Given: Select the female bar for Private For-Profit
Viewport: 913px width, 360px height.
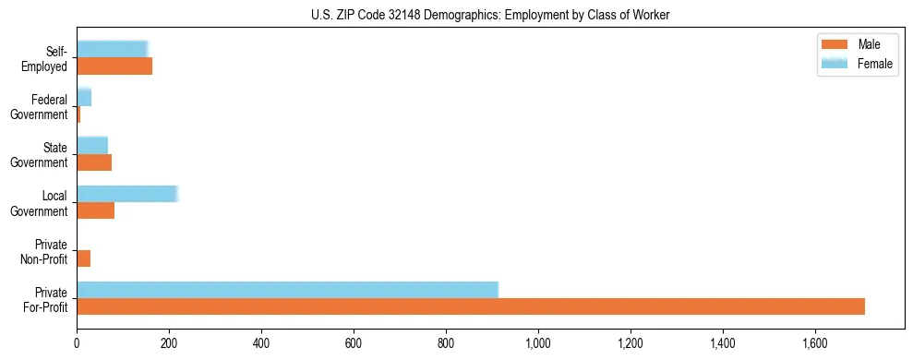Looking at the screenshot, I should pyautogui.click(x=287, y=290).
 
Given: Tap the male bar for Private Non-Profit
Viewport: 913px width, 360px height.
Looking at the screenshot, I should pyautogui.click(x=83, y=258).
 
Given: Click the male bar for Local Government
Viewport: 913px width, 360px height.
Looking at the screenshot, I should pyautogui.click(x=95, y=210).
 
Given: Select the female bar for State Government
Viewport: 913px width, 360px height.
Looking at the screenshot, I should pyautogui.click(x=92, y=146).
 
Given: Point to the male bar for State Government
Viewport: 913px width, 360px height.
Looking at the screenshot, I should pyautogui.click(x=94, y=162).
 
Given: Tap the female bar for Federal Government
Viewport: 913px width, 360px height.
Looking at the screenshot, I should pyautogui.click(x=84, y=98).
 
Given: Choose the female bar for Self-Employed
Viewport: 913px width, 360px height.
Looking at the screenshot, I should pyautogui.click(x=112, y=50).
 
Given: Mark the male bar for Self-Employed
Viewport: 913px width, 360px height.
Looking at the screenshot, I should pyautogui.click(x=114, y=66).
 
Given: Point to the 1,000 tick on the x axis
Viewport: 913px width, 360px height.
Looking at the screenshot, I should pyautogui.click(x=538, y=329).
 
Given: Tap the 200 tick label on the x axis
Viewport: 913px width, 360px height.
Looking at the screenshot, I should pyautogui.click(x=169, y=343).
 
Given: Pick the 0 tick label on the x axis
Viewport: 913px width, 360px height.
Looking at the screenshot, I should pyautogui.click(x=77, y=343).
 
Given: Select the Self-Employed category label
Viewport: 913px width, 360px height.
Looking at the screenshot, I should pyautogui.click(x=48, y=59).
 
